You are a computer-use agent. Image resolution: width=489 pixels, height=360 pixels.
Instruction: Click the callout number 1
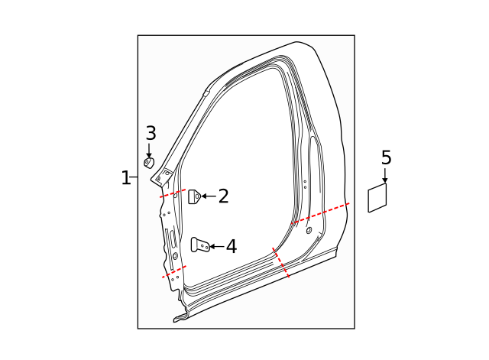[x=125, y=178]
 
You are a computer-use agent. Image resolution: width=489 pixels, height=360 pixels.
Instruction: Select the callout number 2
[x=223, y=196]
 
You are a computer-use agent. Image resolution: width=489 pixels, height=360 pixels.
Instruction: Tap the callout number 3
[x=151, y=133]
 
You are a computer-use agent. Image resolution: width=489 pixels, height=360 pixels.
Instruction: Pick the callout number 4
[x=231, y=246]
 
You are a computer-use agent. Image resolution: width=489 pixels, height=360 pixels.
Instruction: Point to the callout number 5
[x=386, y=157]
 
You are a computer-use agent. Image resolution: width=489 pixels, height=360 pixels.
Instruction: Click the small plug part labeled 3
[x=149, y=162]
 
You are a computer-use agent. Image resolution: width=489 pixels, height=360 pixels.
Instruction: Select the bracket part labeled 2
[x=194, y=196]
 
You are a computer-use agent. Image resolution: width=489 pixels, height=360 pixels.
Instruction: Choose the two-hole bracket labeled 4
[x=200, y=245]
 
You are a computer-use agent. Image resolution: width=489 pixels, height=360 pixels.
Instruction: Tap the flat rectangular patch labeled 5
[x=377, y=198]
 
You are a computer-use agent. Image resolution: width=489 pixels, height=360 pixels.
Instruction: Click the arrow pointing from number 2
[x=209, y=196]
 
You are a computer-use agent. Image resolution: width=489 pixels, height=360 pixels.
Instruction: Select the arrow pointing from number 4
[x=215, y=246]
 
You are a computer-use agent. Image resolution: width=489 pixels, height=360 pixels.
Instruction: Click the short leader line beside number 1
[x=134, y=178]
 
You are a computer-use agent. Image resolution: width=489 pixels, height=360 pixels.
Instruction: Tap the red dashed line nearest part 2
[x=173, y=193]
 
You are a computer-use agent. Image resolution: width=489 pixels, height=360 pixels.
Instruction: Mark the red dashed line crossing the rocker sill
[x=280, y=262]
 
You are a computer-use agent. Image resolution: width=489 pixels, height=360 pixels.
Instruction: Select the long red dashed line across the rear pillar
[x=321, y=213]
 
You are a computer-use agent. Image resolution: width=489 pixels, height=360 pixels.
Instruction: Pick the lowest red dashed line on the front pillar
[x=173, y=271]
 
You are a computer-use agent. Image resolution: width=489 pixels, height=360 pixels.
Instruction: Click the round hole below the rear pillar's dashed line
[x=309, y=230]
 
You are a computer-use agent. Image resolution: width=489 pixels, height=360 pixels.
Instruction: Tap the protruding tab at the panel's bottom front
[x=180, y=317]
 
